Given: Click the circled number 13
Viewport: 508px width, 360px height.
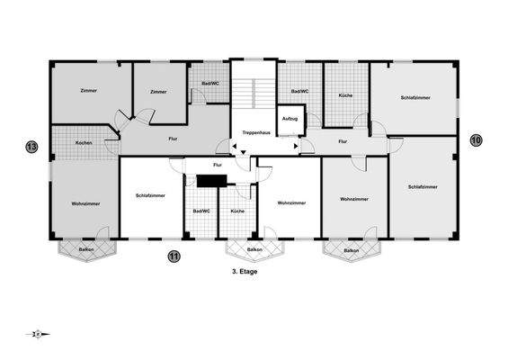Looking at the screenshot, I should tap(31, 146).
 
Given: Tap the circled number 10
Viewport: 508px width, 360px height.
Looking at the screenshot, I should tap(476, 139).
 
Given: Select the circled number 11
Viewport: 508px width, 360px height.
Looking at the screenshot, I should tap(174, 256).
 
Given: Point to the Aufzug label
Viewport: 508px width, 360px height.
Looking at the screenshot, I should tap(290, 118).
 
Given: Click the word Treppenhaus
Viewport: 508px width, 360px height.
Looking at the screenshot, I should tap(256, 132).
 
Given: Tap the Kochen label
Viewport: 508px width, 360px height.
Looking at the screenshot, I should tap(84, 143).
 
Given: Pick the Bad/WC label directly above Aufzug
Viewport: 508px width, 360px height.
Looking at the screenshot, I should tap(300, 91).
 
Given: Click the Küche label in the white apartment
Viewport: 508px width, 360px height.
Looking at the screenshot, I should tap(237, 211).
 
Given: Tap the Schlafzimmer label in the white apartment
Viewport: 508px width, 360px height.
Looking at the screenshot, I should tap(150, 195).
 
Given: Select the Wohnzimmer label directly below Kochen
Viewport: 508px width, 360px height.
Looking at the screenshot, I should tap(85, 203).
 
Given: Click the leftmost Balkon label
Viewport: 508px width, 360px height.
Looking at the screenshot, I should tap(86, 248).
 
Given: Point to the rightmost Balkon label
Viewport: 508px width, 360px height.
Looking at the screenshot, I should tap(351, 250).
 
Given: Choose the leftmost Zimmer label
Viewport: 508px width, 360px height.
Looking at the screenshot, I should tap(88, 91).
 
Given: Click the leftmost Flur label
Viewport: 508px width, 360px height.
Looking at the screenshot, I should tap(173, 139).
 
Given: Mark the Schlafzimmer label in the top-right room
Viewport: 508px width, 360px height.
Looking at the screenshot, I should tap(414, 97).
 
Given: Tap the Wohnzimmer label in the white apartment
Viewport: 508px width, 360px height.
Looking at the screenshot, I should tap(291, 202).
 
